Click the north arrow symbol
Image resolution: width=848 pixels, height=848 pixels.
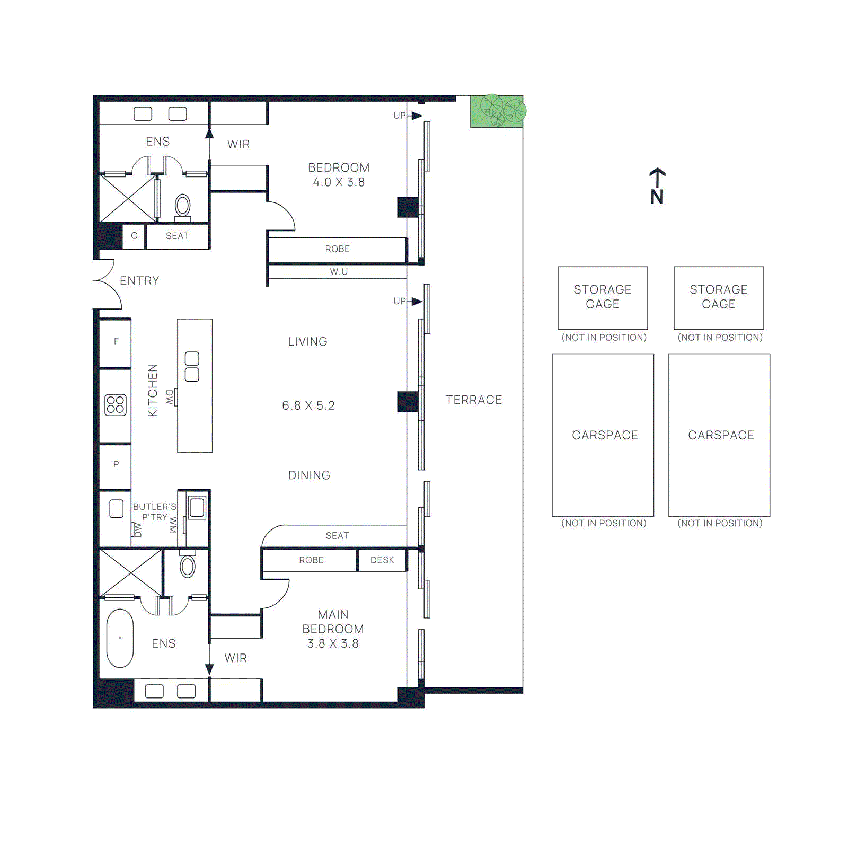(x=657, y=186)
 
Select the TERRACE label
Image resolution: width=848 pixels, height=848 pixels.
(x=474, y=400)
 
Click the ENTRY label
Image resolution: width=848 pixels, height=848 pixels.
(x=139, y=280)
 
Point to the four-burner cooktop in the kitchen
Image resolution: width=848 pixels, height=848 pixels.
(x=116, y=405)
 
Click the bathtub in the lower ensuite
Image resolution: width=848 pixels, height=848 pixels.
(x=120, y=638)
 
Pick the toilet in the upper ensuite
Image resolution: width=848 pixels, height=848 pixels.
(x=183, y=207)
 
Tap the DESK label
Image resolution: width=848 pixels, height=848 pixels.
(x=382, y=560)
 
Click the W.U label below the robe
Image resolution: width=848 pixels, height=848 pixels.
(x=339, y=272)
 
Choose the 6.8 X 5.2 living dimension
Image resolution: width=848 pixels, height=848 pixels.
(x=308, y=405)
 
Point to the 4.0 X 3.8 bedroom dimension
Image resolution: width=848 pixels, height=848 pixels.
(x=339, y=182)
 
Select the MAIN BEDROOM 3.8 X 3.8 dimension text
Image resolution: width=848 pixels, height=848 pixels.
(x=333, y=643)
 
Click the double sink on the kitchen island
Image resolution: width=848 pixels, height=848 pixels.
(x=192, y=367)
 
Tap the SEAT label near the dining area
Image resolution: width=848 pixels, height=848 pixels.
(x=338, y=536)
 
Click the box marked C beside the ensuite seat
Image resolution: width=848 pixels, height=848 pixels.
(x=134, y=236)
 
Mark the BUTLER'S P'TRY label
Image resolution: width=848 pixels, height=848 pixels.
(x=155, y=512)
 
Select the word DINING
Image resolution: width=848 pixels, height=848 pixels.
(x=310, y=475)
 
